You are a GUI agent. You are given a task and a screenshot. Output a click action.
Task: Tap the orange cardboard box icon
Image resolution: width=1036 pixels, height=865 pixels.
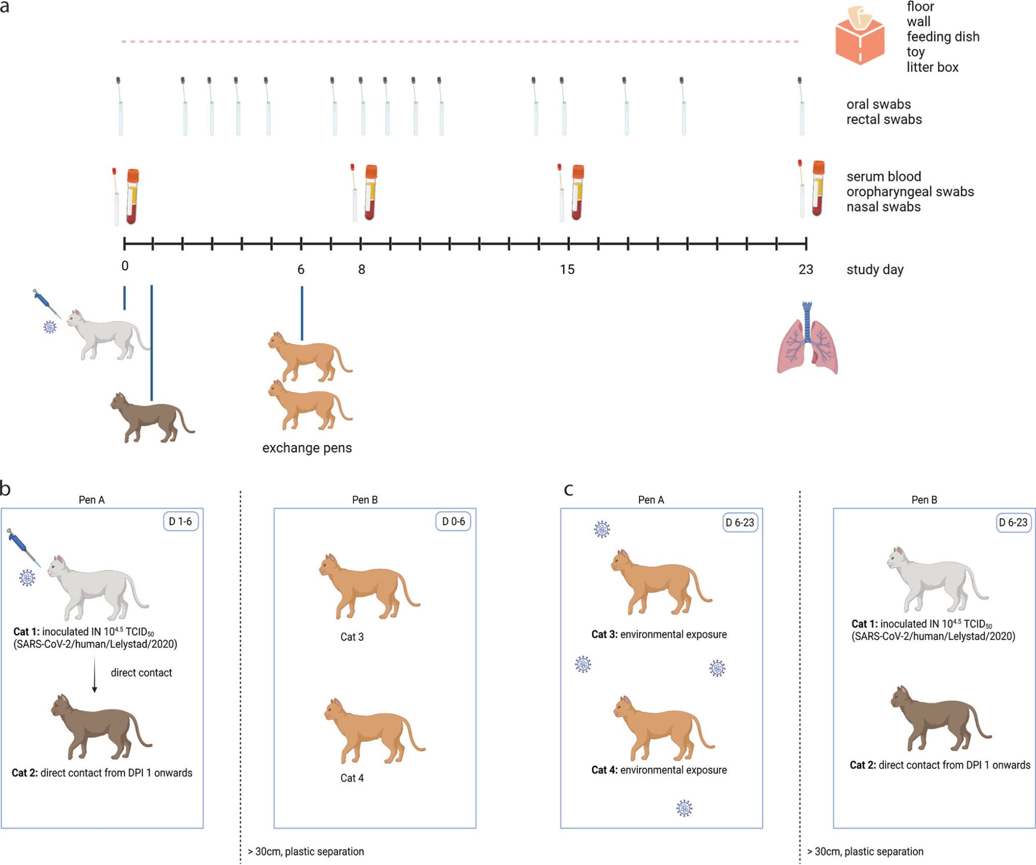pyautogui.click(x=859, y=35)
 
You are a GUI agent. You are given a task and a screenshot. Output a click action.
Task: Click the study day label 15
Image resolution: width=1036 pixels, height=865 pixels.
pyautogui.click(x=567, y=270)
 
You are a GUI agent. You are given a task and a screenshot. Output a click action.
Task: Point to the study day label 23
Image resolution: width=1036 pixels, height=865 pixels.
pyautogui.click(x=806, y=270)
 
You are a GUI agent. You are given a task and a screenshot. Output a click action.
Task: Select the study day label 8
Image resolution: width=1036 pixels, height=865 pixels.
pyautogui.click(x=362, y=270)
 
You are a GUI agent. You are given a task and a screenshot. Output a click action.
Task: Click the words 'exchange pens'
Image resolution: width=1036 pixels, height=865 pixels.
pyautogui.click(x=307, y=448)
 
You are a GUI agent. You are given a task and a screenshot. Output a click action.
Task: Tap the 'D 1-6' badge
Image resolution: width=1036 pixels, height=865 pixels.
pyautogui.click(x=181, y=522)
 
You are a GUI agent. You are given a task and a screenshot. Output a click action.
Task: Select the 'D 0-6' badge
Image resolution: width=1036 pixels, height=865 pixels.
pyautogui.click(x=453, y=522)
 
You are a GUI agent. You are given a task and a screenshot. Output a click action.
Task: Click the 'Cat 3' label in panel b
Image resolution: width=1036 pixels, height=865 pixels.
pyautogui.click(x=352, y=637)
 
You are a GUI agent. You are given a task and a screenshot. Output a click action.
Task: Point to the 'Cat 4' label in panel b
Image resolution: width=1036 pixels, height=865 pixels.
pyautogui.click(x=352, y=778)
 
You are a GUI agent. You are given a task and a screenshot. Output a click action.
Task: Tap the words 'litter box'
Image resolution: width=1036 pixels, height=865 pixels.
pyautogui.click(x=932, y=67)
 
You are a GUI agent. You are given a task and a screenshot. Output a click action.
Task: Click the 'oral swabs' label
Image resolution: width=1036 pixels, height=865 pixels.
pyautogui.click(x=879, y=104)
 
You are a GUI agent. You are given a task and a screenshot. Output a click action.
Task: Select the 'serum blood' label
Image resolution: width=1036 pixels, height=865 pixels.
pyautogui.click(x=884, y=177)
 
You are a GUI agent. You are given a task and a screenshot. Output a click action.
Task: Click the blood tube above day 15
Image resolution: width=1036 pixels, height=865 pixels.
pyautogui.click(x=577, y=192)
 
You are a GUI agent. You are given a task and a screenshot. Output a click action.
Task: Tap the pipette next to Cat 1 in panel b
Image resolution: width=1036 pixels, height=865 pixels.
pyautogui.click(x=23, y=547)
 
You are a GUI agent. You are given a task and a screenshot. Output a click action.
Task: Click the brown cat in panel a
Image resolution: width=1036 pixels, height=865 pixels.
pyautogui.click(x=152, y=418)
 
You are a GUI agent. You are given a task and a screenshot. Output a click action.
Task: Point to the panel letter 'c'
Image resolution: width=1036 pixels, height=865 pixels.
pyautogui.click(x=569, y=490)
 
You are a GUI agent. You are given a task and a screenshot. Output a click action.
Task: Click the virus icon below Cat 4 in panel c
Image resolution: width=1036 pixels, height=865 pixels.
pyautogui.click(x=684, y=808)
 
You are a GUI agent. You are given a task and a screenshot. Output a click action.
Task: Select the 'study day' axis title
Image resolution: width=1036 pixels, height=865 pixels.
pyautogui.click(x=875, y=270)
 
